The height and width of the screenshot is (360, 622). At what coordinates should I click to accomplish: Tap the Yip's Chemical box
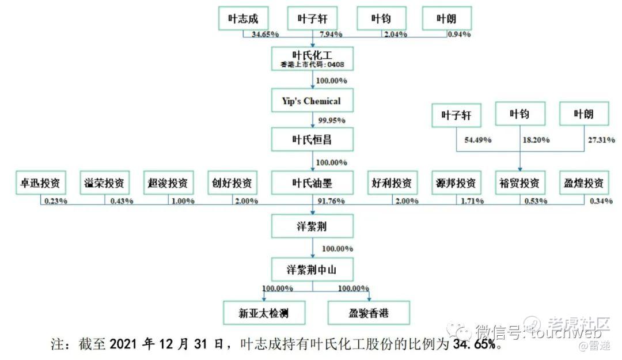tap(312, 101)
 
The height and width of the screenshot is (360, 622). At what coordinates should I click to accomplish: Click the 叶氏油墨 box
tap(312, 184)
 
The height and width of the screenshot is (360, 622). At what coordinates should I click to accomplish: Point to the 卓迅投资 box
tap(40, 184)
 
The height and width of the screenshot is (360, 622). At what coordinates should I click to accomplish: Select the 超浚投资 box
tap(168, 184)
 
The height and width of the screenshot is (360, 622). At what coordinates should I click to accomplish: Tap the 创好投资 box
tap(232, 184)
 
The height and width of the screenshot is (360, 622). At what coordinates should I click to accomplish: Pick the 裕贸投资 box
tap(519, 184)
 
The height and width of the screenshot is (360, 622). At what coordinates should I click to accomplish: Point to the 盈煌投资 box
tap(584, 184)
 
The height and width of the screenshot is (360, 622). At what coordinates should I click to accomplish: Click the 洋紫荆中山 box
tap(312, 269)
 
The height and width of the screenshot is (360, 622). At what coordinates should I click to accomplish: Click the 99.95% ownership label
tap(332, 120)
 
